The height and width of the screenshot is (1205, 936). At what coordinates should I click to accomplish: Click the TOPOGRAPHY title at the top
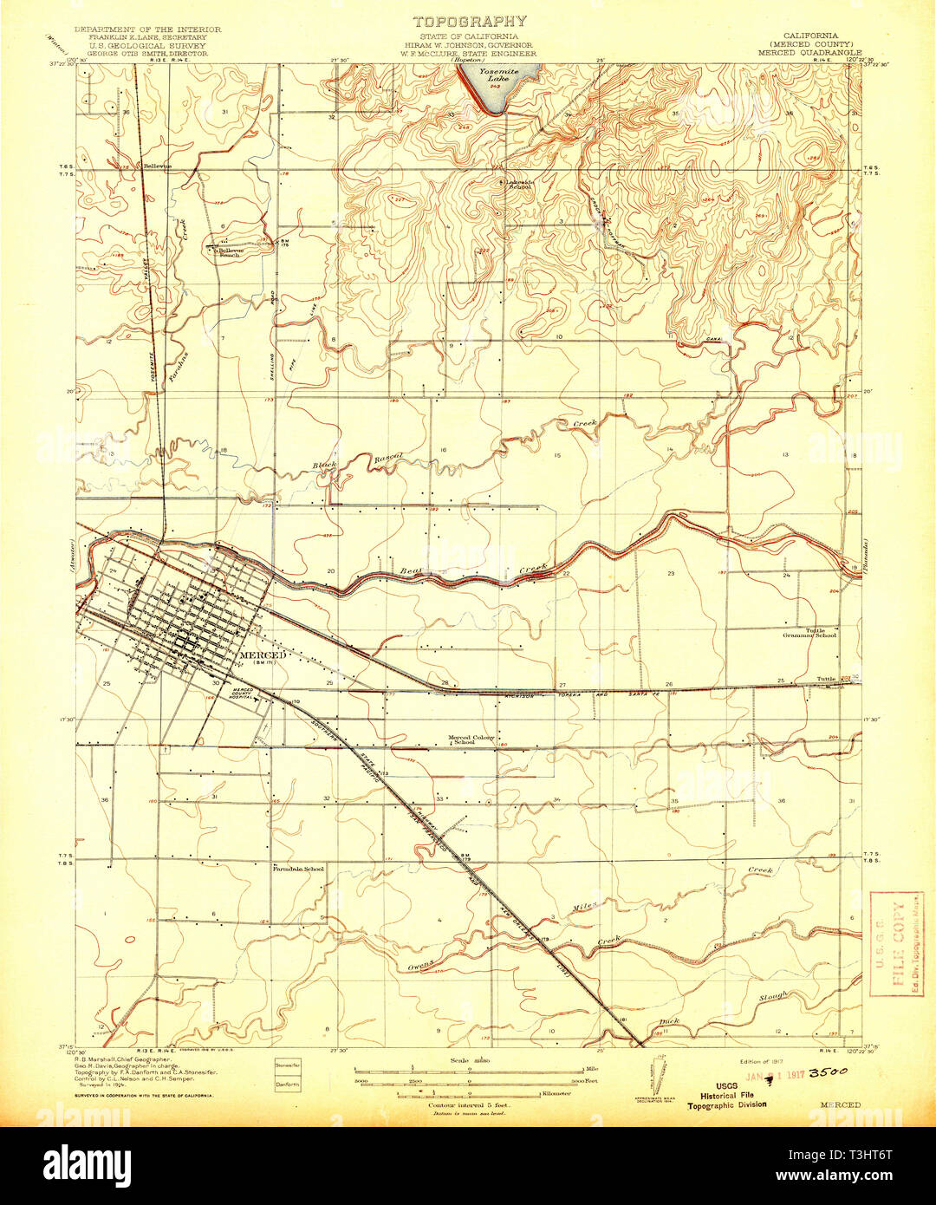point(469,21)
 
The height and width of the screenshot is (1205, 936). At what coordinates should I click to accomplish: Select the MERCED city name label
point(261,655)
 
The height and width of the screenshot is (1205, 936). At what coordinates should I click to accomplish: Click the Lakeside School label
point(519,184)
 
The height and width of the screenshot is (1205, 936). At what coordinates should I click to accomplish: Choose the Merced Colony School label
point(471,739)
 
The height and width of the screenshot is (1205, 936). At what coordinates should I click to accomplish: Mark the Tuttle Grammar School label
point(809,633)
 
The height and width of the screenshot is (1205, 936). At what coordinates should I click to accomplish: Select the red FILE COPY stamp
point(895,943)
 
